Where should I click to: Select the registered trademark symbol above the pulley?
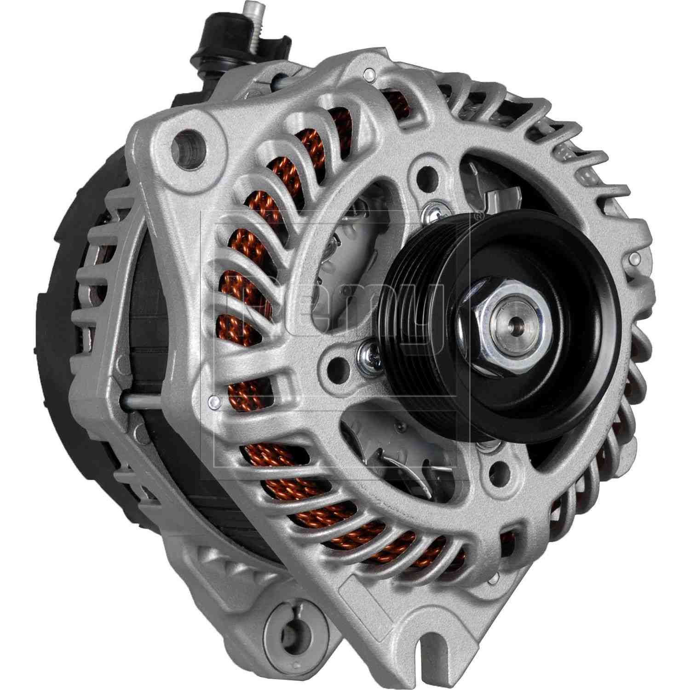tap(478, 215)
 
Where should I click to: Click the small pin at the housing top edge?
tap(368, 73)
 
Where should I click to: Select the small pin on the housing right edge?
tap(635, 257)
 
